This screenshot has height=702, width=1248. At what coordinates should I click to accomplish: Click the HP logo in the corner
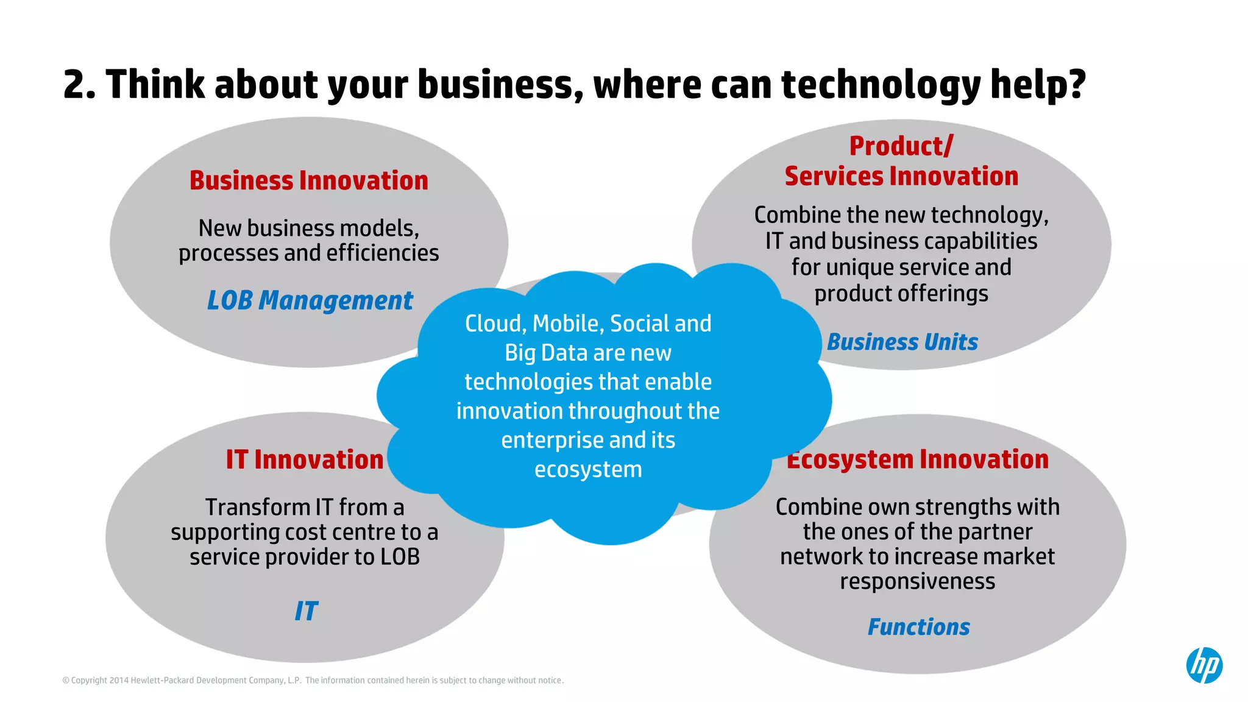1204,665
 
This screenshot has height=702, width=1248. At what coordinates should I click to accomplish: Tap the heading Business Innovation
308,181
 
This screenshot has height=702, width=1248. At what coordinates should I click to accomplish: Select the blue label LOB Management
310,300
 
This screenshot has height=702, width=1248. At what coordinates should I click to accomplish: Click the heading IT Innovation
305,459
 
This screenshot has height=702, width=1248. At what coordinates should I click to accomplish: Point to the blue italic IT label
306,611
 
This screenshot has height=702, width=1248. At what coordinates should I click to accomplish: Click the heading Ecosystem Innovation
918,459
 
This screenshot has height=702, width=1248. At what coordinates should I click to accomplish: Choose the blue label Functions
918,627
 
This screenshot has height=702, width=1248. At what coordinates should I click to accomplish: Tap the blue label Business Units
902,342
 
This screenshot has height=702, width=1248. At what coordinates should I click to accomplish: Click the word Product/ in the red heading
901,146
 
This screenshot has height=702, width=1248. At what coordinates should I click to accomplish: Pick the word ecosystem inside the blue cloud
588,470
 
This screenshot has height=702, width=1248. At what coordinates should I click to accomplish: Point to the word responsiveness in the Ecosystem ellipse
917,581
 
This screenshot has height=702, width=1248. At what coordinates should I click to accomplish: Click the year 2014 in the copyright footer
119,681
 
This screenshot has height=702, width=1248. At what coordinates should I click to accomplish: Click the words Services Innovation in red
901,177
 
